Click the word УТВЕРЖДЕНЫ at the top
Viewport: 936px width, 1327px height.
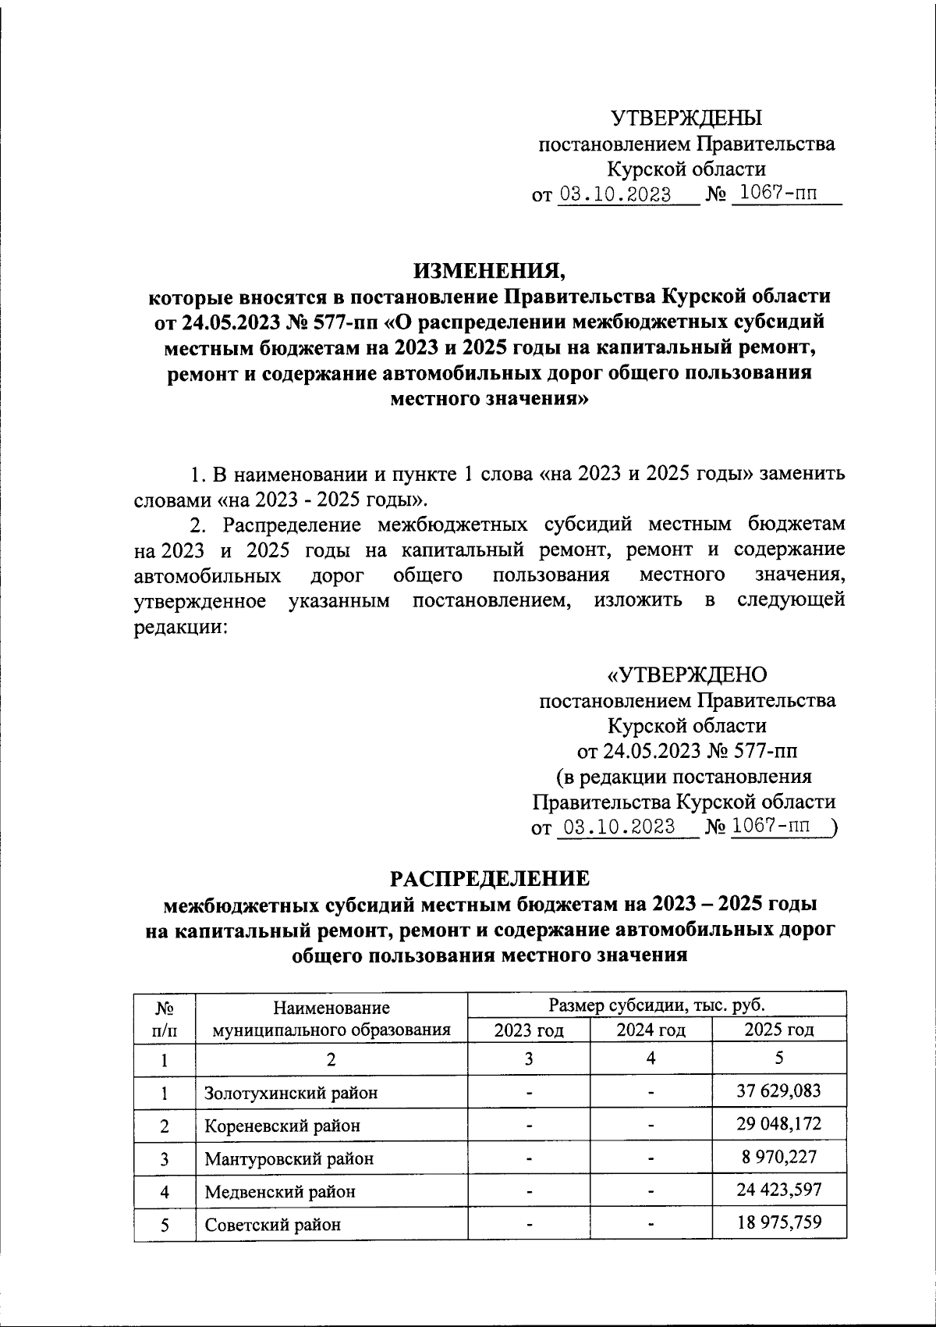[x=686, y=119]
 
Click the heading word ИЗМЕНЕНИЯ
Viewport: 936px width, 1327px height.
[x=491, y=270]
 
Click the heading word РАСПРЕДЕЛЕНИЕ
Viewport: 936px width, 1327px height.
[x=490, y=878]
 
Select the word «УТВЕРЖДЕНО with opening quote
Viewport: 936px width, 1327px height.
[x=686, y=674]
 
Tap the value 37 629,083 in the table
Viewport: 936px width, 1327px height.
[x=779, y=1091]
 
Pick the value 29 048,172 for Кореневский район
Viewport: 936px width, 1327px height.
[x=779, y=1124]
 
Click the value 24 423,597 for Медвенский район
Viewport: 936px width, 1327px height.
[x=779, y=1190]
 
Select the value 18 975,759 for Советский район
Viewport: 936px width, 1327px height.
[x=779, y=1223]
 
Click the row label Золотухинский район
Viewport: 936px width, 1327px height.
[x=291, y=1093]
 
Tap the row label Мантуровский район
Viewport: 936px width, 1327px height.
[x=289, y=1158]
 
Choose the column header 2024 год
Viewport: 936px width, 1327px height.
[x=651, y=1030]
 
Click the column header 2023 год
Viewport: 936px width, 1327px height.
[x=529, y=1030]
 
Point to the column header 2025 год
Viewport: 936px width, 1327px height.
[x=778, y=1030]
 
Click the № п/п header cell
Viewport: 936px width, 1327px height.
[x=164, y=1018]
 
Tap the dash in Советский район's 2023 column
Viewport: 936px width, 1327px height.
[x=529, y=1224]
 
